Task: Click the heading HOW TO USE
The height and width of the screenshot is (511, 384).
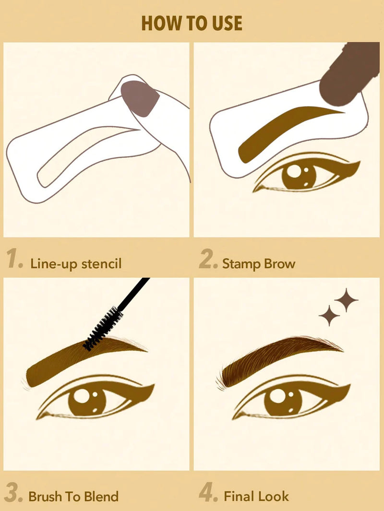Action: [x=192, y=23]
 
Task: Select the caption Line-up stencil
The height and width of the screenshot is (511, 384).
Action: [x=75, y=263]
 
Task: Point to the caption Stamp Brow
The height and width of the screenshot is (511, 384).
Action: [x=258, y=263]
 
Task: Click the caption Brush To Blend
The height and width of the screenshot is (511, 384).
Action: [x=73, y=496]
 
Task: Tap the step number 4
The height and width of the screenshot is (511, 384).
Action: [x=208, y=494]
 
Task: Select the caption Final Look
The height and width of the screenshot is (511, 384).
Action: [x=256, y=496]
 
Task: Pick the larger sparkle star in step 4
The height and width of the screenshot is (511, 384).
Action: [x=346, y=300]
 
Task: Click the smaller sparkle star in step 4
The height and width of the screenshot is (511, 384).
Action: [x=329, y=315]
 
